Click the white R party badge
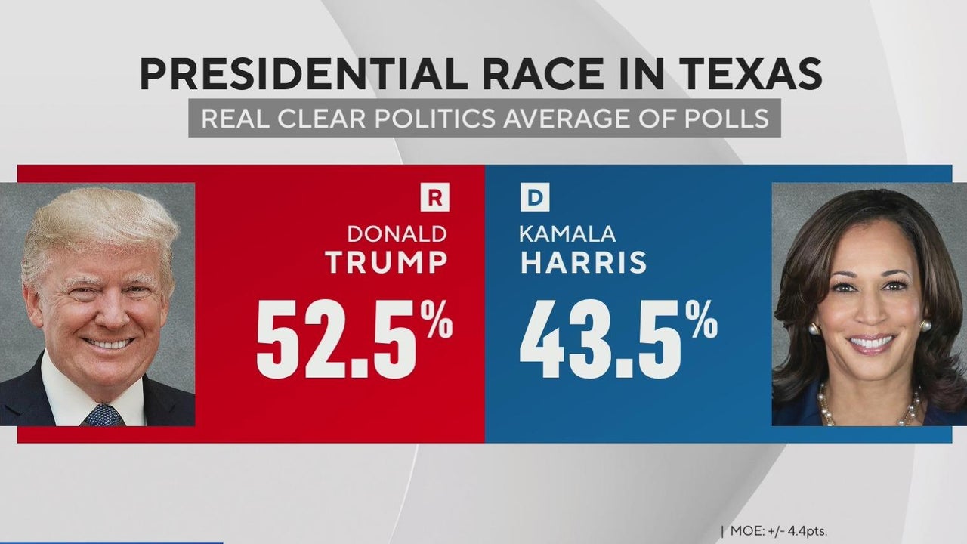[434, 199]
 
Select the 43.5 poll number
[602, 338]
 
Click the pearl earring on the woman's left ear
[925, 326]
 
